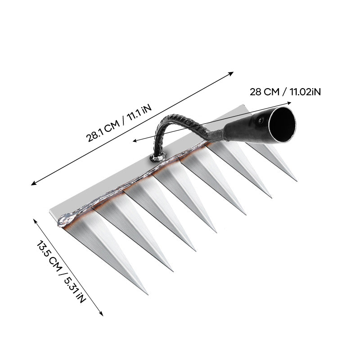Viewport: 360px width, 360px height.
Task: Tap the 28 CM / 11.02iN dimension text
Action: click(285, 92)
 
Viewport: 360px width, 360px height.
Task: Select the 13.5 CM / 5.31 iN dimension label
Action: click(61, 271)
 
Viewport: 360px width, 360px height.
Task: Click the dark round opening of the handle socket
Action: click(282, 125)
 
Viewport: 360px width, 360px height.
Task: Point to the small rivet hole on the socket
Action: click(261, 120)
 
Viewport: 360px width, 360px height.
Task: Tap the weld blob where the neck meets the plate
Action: click(157, 157)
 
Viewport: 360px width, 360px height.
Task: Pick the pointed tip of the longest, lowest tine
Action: click(147, 294)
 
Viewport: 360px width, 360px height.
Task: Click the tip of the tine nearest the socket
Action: click(297, 181)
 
